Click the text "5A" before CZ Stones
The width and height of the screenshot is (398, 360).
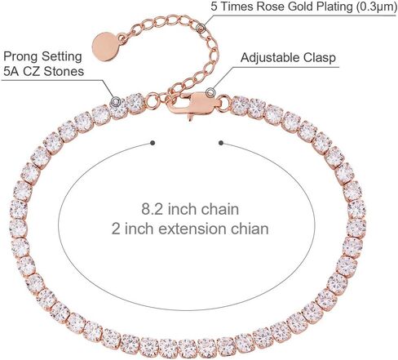[11, 72]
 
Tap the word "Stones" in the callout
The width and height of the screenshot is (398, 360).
[64, 72]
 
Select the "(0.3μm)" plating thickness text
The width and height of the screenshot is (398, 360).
[377, 6]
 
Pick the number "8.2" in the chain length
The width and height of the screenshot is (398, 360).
[153, 210]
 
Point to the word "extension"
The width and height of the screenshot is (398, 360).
[192, 229]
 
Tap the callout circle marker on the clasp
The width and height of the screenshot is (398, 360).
[210, 93]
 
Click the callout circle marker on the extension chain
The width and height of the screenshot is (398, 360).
[201, 28]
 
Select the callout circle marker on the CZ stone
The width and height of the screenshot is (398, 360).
[115, 102]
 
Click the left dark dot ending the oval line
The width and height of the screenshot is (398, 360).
[153, 143]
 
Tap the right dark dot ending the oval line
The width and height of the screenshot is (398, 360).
[221, 143]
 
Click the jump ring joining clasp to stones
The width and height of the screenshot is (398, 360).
[224, 103]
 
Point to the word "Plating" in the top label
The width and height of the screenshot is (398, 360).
[335, 7]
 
